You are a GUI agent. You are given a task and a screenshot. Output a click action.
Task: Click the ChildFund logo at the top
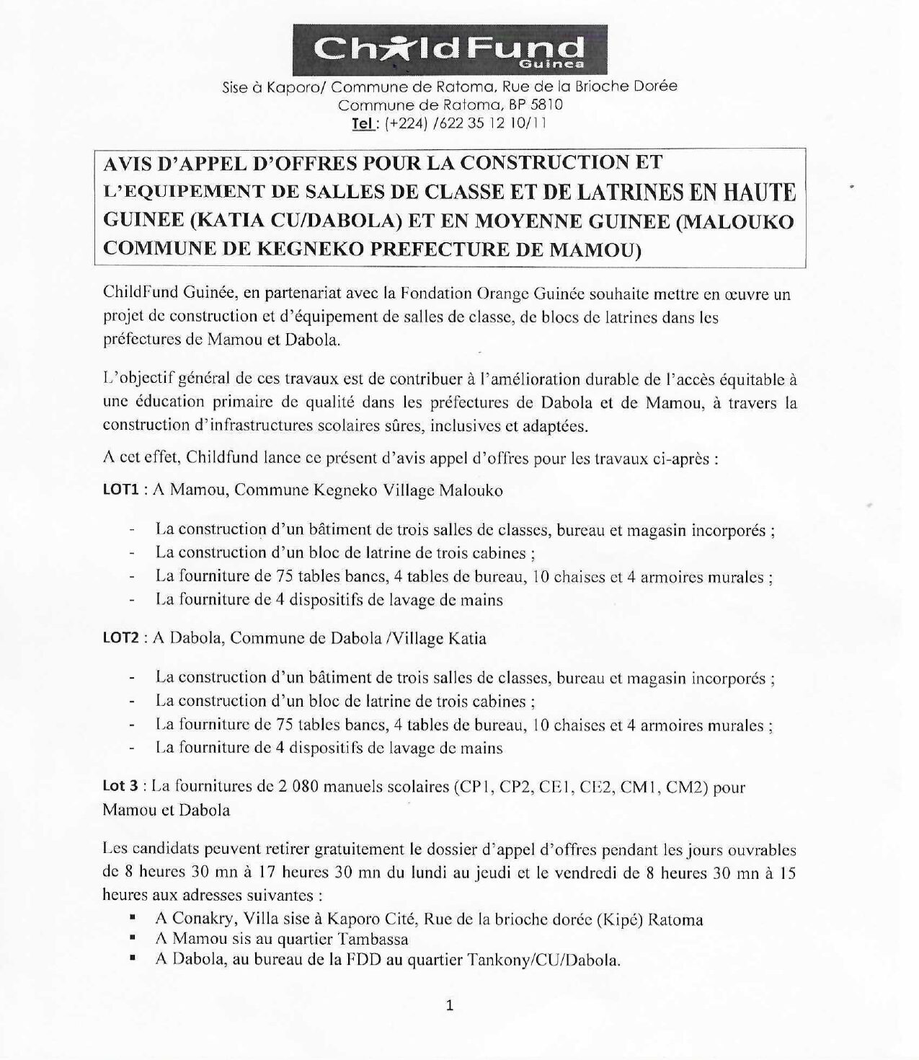[x=450, y=49]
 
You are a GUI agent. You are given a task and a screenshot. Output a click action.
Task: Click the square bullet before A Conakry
[x=133, y=919]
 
